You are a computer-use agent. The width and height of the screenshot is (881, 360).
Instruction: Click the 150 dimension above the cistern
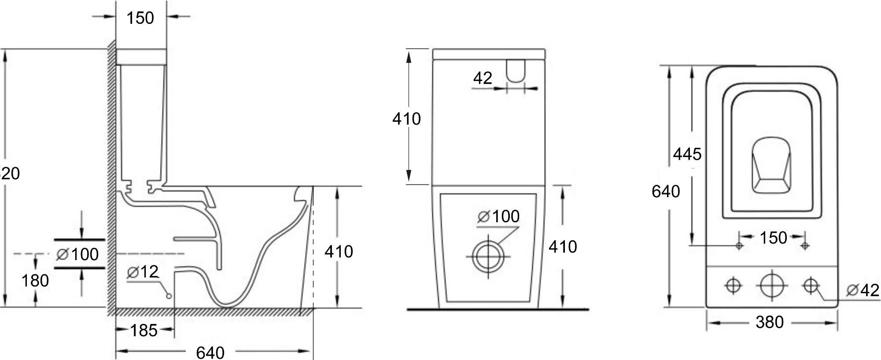(x=140, y=18)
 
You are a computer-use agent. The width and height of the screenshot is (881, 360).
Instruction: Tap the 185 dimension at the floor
(x=144, y=330)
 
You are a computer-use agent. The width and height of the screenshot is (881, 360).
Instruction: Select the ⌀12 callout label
(x=143, y=272)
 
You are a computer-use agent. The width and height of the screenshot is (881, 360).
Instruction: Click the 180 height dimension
(x=35, y=281)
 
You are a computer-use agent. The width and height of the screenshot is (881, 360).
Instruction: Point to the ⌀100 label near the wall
(x=78, y=254)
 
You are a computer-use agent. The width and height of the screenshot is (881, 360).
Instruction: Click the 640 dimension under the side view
(x=210, y=353)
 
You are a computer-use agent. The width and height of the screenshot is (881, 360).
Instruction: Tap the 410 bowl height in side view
(x=339, y=252)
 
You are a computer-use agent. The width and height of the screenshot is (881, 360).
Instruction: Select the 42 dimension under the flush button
(x=483, y=78)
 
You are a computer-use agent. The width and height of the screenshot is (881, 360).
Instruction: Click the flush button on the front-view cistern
(x=516, y=70)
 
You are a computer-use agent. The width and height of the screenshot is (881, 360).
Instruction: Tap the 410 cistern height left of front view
(x=406, y=119)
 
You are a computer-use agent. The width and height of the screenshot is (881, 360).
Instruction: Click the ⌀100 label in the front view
(x=498, y=217)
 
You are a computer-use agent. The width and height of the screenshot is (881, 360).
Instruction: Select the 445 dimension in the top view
(x=687, y=154)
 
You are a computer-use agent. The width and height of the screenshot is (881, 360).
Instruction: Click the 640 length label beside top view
(x=666, y=191)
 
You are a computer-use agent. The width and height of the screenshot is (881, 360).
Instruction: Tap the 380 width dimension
(x=770, y=323)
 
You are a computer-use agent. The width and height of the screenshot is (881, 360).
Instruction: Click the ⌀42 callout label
(x=863, y=290)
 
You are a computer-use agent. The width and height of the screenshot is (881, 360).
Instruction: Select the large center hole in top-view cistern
(x=772, y=285)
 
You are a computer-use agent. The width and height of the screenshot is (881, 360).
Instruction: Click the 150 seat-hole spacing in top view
(x=773, y=238)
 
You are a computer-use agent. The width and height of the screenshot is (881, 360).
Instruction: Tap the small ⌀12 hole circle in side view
(x=169, y=296)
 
